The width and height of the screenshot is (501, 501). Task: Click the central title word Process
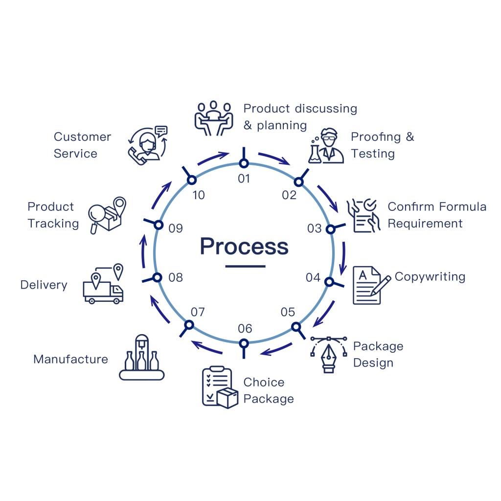pyautogui.click(x=244, y=246)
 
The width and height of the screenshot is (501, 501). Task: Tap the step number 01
pyautogui.click(x=244, y=179)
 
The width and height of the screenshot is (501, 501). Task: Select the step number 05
pyautogui.click(x=288, y=312)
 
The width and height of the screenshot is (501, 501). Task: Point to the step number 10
pyautogui.click(x=198, y=195)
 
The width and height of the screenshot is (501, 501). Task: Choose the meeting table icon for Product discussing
pyautogui.click(x=213, y=118)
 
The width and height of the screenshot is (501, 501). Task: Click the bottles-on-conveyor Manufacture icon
pyautogui.click(x=142, y=359)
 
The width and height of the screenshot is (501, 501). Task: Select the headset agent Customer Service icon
pyautogui.click(x=147, y=143)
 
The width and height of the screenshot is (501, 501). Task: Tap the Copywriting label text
pyautogui.click(x=430, y=276)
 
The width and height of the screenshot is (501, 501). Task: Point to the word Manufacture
pyautogui.click(x=70, y=359)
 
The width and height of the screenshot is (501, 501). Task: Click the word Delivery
pyautogui.click(x=44, y=285)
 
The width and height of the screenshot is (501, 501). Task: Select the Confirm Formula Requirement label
pyautogui.click(x=437, y=215)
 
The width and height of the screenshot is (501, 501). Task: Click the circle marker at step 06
pyautogui.click(x=244, y=343)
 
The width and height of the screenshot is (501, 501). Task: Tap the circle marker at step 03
pyautogui.click(x=330, y=228)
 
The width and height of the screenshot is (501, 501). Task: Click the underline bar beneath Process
pyautogui.click(x=245, y=266)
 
